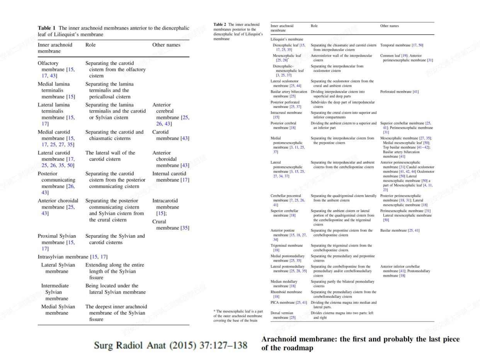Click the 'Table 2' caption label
220,25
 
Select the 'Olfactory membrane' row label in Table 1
56,69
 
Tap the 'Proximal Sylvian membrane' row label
57,242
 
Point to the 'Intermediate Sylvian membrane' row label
55,292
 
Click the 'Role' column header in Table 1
90,45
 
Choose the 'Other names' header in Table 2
389,26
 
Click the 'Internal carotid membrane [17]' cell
170,177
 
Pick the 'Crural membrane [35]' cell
170,224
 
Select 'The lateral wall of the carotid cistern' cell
111,156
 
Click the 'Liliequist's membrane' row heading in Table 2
287,39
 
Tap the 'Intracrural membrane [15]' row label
286,115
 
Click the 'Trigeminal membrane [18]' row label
286,248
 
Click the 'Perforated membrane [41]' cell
399,92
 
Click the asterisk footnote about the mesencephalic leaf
238,316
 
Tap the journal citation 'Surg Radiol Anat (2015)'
170,345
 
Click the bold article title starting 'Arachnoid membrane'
360,343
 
